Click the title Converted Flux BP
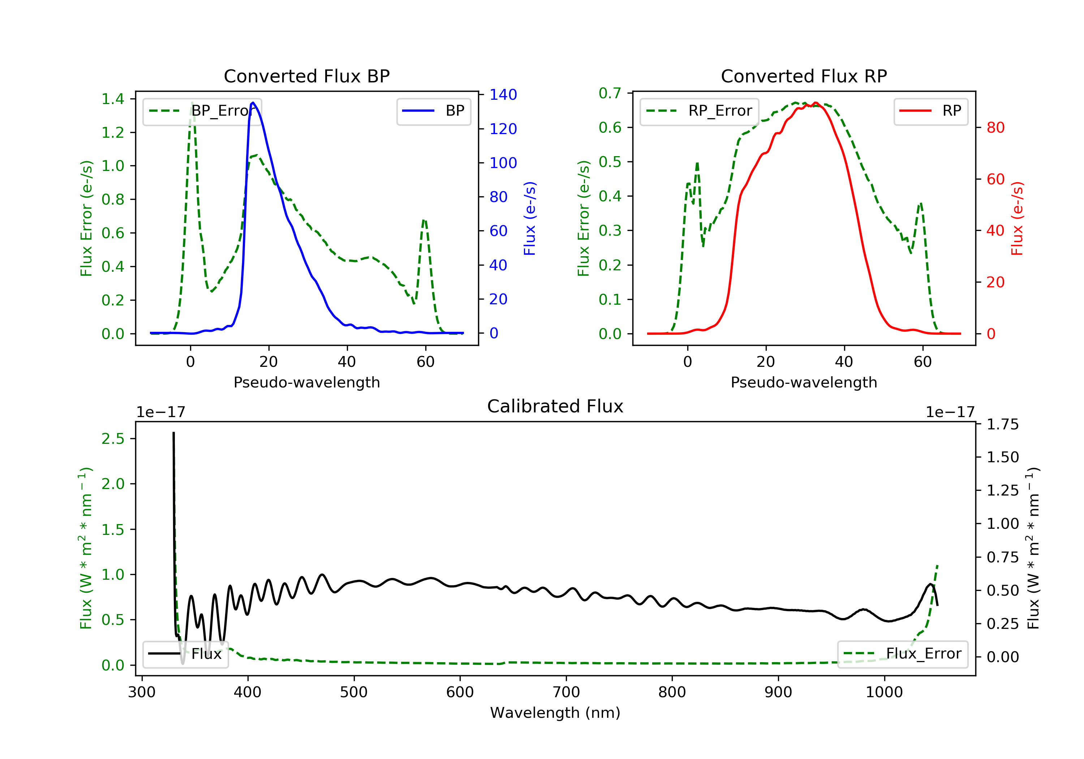306,76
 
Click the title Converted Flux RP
804,76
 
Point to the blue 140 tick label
503,95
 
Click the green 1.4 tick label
113,99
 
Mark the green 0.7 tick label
610,94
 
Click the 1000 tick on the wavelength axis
884,692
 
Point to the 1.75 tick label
1002,425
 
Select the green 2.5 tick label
113,439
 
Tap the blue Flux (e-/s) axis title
530,219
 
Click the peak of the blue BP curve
253,103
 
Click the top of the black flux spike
173,433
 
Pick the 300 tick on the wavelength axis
142,692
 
